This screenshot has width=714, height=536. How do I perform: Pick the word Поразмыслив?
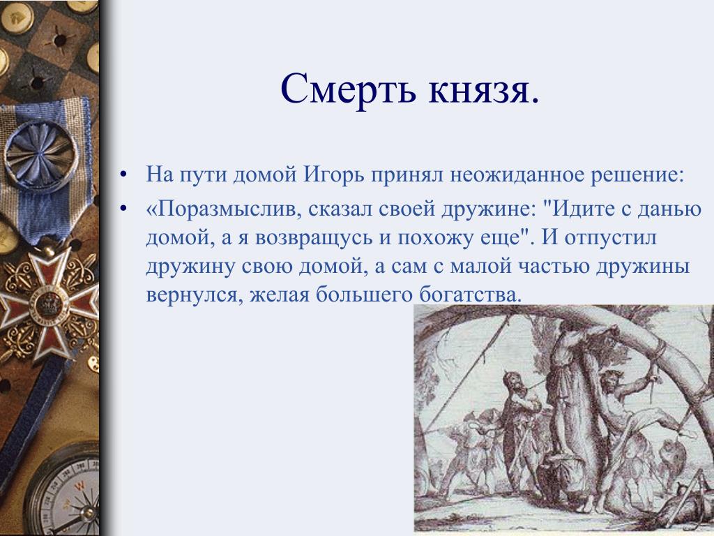[x=224, y=209]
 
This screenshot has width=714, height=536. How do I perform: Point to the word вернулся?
[x=194, y=295]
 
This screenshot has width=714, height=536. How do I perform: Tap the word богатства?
[x=470, y=295]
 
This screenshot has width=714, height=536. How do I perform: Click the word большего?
[x=364, y=295]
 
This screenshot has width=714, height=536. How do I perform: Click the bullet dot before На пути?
[x=123, y=175]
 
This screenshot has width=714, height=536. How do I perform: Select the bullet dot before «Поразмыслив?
[x=123, y=209]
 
